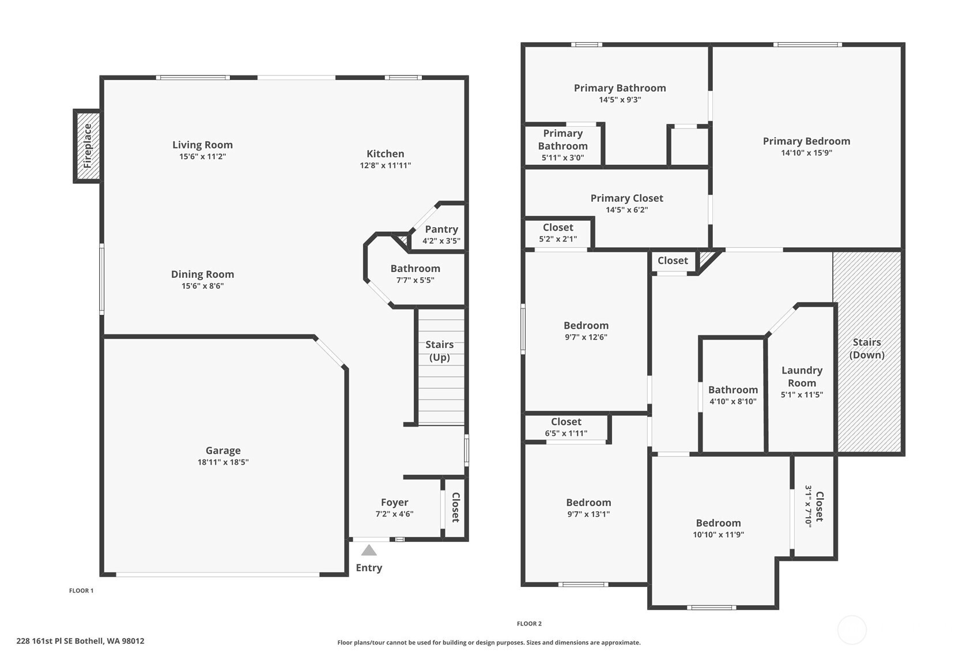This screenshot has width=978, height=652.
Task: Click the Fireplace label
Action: (x=88, y=146)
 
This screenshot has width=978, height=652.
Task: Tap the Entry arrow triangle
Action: (x=369, y=551)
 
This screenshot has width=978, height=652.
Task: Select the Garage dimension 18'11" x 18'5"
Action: (x=223, y=462)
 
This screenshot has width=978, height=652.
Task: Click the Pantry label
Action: (x=441, y=229)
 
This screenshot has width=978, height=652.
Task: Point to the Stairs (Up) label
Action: (x=439, y=351)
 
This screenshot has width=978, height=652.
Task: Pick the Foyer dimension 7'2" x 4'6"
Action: (x=394, y=514)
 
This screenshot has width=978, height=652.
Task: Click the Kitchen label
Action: (x=385, y=154)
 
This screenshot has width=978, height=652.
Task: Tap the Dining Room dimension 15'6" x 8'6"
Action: (x=202, y=286)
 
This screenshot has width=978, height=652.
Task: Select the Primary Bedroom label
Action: (x=806, y=141)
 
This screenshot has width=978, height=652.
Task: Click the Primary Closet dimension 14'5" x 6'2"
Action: (x=626, y=210)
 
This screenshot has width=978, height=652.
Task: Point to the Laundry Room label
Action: (x=802, y=376)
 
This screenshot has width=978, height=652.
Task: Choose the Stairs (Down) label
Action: (x=867, y=348)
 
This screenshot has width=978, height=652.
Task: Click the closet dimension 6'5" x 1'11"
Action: (x=566, y=433)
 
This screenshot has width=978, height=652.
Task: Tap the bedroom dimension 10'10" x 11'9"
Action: (x=718, y=534)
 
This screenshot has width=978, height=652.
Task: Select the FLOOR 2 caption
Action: (x=529, y=624)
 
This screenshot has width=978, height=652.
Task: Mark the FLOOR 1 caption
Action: (x=81, y=590)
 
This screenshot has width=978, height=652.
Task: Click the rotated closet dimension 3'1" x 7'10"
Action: (x=808, y=507)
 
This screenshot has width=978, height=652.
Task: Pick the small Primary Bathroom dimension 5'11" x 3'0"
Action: (x=562, y=157)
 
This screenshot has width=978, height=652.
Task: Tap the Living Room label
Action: (x=202, y=145)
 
